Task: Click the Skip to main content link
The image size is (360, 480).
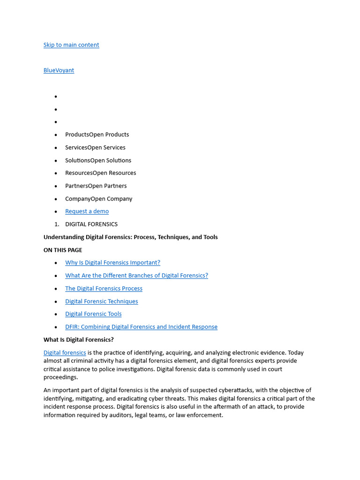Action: point(71,45)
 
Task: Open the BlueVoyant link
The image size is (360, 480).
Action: point(59,70)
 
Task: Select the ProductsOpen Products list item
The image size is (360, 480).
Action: point(97,135)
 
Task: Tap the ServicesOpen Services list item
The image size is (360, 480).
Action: point(95,147)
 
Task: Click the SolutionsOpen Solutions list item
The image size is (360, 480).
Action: point(98,160)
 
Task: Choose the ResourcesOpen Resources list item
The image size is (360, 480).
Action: point(100,173)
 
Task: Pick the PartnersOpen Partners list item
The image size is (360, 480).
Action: point(96,186)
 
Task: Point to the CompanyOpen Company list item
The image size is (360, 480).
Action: point(98,199)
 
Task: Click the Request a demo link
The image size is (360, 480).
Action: point(87,211)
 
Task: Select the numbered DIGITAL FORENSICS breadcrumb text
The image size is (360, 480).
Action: point(91,224)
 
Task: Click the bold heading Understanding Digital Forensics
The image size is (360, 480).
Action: point(130,237)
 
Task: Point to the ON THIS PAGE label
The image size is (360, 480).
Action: point(63,250)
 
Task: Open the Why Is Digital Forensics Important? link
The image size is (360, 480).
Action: point(112,262)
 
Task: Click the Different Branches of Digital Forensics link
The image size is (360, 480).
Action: point(136,276)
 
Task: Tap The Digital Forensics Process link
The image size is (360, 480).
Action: point(104,288)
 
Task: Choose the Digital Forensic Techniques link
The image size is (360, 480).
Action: point(101,301)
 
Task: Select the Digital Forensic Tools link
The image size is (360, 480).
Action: point(93,314)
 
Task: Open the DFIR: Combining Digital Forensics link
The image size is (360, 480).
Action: point(141,327)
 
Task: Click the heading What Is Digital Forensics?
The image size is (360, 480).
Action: point(79,340)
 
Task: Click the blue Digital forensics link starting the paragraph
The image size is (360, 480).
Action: point(65,352)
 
